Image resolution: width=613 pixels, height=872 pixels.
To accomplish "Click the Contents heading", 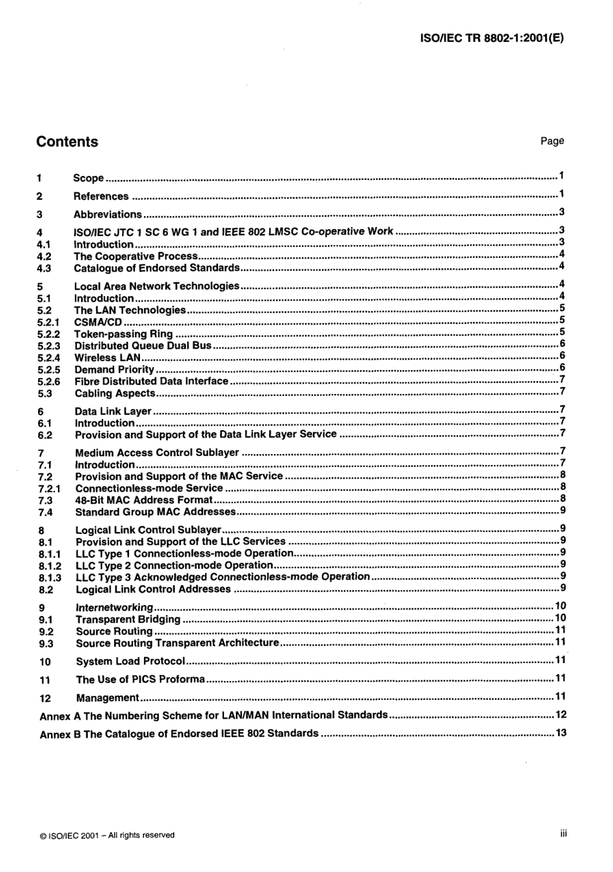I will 67,142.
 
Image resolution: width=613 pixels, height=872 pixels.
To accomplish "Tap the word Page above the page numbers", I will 552,141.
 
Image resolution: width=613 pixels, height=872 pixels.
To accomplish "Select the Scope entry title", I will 88,178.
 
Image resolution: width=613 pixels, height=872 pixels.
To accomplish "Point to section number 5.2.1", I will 48,322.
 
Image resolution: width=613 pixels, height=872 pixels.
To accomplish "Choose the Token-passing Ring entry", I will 123,334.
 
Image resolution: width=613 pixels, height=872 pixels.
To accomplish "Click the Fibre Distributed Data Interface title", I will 152,381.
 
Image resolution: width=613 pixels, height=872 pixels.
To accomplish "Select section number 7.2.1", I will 50,488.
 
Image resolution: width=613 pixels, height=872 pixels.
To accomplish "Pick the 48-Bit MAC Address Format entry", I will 143,500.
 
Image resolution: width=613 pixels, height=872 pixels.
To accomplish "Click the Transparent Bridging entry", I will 128,619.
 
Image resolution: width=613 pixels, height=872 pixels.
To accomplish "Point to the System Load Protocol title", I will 130,661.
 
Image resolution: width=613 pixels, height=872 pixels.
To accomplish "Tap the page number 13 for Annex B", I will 561,733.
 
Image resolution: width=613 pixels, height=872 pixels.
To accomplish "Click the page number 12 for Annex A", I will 561,715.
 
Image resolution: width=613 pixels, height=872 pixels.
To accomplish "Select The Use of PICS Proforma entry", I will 140,679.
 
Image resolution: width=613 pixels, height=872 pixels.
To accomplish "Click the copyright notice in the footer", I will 107,835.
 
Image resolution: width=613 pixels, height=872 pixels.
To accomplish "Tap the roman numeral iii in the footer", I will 563,834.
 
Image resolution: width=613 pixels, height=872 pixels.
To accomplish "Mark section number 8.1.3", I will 50,578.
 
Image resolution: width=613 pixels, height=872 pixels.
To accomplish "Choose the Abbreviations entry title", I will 107,214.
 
